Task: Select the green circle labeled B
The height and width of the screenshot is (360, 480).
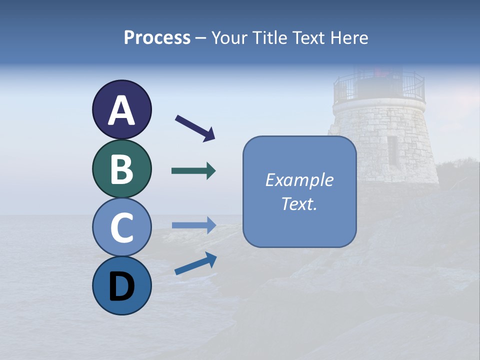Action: [121, 169]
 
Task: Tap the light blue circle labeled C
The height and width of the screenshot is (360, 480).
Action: [121, 227]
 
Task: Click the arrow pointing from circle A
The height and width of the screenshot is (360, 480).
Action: [195, 128]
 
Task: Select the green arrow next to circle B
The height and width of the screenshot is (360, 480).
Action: [193, 171]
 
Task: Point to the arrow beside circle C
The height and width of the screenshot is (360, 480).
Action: [193, 225]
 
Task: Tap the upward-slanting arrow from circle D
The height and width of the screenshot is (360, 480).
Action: [195, 263]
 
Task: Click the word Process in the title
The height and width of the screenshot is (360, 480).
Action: [157, 38]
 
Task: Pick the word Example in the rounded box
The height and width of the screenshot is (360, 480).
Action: [299, 180]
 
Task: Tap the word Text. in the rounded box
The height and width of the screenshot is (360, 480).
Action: [299, 203]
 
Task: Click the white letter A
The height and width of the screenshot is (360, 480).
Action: [121, 110]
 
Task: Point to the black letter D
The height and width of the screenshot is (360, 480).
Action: [121, 287]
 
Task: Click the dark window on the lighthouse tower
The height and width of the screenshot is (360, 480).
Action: [393, 150]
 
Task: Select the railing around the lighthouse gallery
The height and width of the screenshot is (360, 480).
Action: [379, 87]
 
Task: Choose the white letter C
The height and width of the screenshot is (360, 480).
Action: [121, 227]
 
